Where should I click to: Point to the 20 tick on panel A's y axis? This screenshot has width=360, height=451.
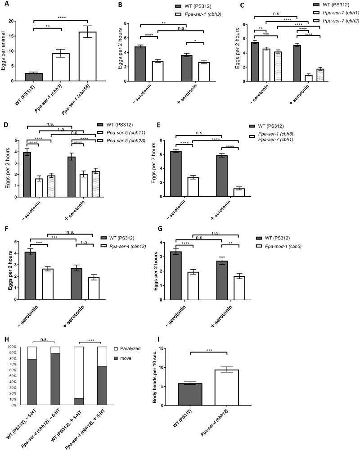click(x=16, y=21)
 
